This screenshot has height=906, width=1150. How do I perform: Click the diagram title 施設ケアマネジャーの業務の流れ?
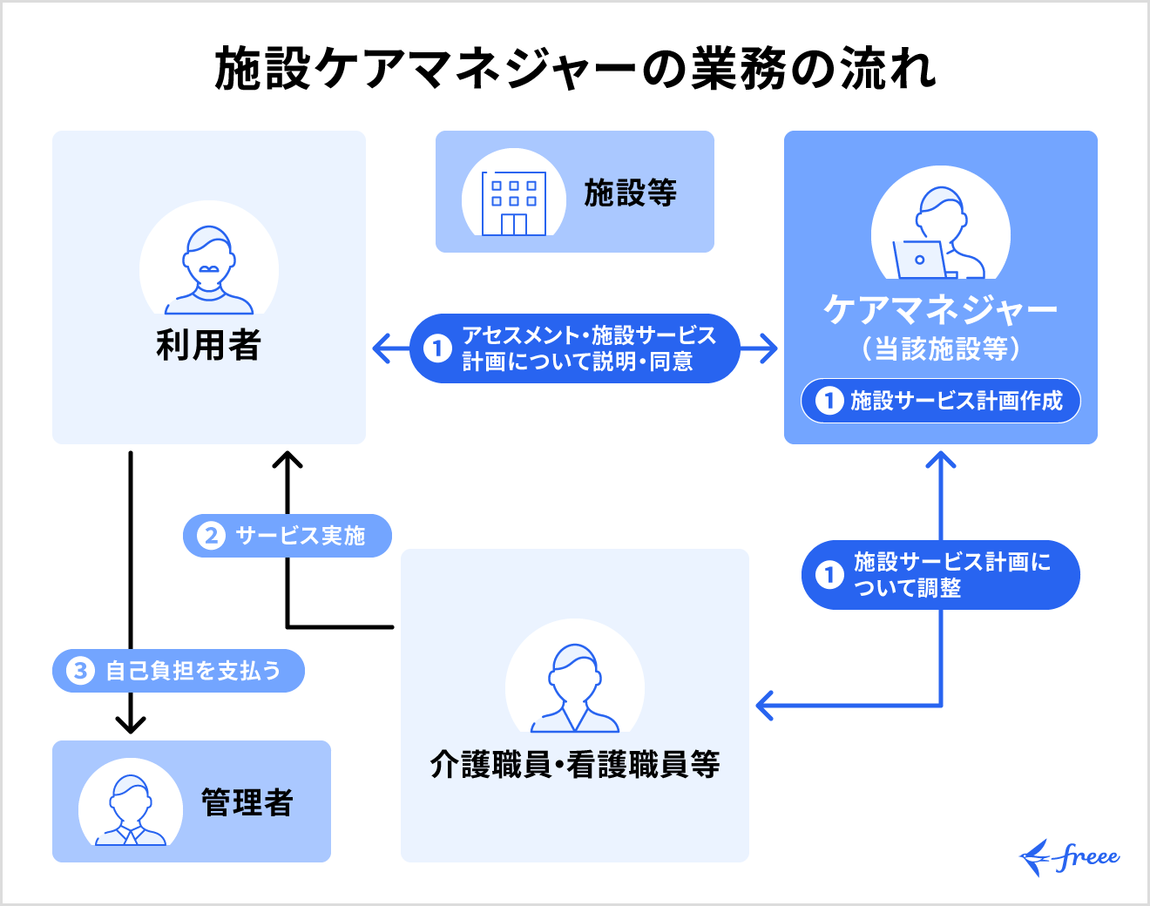pos(575,70)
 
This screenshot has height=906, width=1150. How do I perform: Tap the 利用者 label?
pos(209,345)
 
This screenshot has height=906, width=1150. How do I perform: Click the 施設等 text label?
pos(630,193)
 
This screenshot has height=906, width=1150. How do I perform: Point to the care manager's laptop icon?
pos(920,260)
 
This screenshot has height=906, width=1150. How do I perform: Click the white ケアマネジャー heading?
pos(941,309)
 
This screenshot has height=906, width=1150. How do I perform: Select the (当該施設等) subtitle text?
pos(941,349)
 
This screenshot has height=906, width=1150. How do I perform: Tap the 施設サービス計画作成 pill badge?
pos(941,401)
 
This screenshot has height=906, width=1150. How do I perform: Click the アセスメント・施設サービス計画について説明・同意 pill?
pos(575,348)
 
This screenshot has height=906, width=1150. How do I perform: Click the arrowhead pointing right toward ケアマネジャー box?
pos(768,348)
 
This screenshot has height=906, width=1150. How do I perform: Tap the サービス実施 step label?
pos(287,535)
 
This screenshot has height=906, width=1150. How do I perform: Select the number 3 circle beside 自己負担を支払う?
pos(80,671)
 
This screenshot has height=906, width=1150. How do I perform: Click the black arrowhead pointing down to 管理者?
pos(131,724)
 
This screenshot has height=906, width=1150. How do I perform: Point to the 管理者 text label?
pos(247,802)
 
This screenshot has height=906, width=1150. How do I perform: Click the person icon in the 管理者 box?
pos(131,810)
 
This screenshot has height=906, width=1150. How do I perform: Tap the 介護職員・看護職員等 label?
pos(575,765)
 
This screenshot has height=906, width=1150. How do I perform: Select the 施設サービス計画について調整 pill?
pos(941,575)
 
